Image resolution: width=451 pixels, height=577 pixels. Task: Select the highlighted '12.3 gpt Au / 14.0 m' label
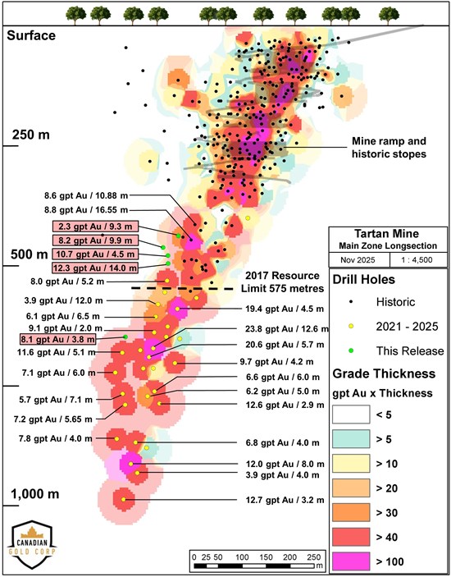(96, 268)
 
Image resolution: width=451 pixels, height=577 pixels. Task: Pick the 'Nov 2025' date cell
(359, 259)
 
